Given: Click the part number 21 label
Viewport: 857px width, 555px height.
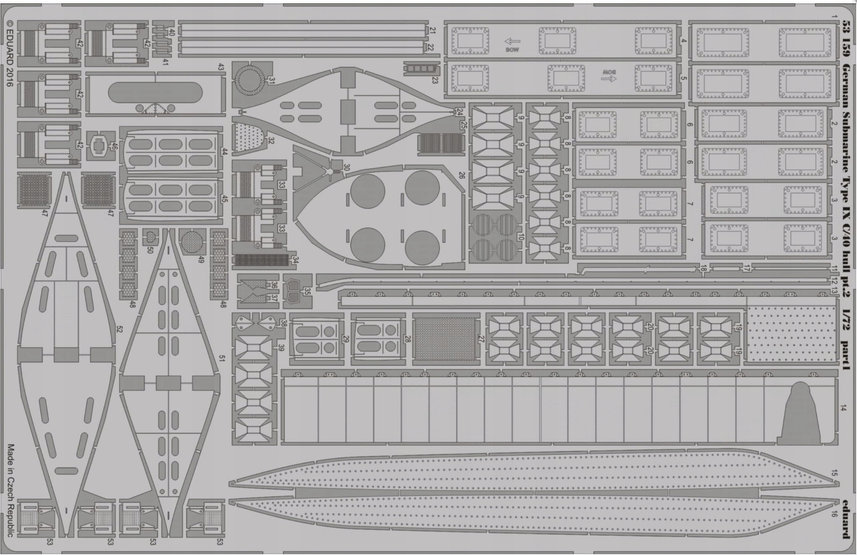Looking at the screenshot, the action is click(x=432, y=31).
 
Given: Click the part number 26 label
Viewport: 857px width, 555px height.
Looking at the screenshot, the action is click(x=462, y=175).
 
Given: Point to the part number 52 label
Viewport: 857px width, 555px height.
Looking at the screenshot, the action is click(x=119, y=329).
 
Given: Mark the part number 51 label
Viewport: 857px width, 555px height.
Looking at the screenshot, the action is click(x=222, y=358).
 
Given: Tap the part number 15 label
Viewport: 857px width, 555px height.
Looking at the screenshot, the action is click(x=834, y=473).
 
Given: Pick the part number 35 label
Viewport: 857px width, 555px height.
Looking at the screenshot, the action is click(x=308, y=290).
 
